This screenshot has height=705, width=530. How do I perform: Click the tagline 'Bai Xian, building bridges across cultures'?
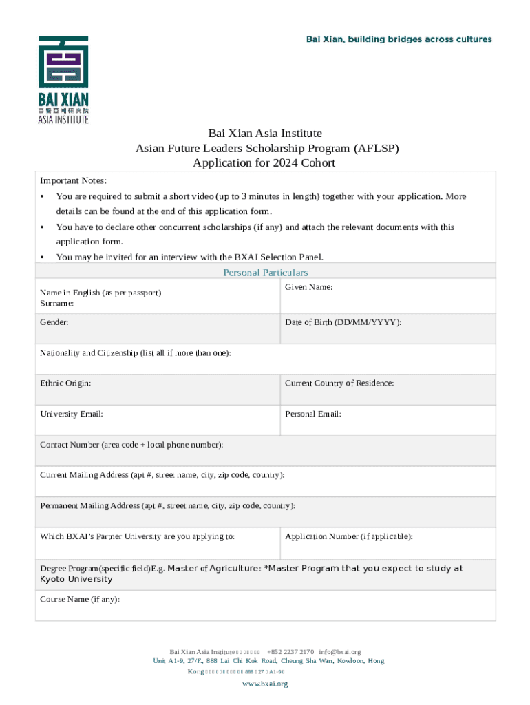(399, 39)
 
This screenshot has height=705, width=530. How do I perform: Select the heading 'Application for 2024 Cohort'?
(264, 163)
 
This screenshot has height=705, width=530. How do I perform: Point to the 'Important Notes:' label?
(74, 180)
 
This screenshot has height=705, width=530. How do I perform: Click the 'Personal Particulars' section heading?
(265, 273)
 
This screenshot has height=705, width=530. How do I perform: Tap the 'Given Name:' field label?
(309, 286)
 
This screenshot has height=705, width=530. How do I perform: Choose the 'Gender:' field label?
(54, 322)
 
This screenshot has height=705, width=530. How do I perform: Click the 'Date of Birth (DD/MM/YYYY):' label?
(343, 322)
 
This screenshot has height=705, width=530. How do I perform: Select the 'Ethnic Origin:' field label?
(65, 383)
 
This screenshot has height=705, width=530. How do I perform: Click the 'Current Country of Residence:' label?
(339, 383)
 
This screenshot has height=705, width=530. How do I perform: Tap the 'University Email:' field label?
(72, 414)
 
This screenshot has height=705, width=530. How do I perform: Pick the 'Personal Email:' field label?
(313, 414)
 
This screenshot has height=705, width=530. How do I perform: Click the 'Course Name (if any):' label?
(80, 599)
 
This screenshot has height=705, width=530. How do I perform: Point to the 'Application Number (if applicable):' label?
(349, 536)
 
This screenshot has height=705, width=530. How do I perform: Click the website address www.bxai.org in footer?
(265, 684)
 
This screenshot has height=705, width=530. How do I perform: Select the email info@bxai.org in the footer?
(339, 651)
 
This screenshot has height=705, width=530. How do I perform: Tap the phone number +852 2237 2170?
(290, 651)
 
